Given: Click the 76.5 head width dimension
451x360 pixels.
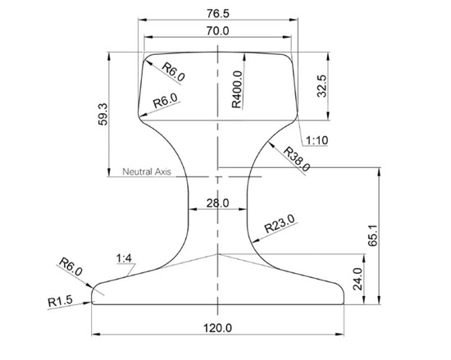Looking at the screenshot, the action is coord(218,13).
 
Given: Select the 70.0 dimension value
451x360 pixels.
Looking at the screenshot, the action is coord(218,31).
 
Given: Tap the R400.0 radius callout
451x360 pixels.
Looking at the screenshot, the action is coord(237,89).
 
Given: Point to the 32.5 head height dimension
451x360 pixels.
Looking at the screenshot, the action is coord(321,86).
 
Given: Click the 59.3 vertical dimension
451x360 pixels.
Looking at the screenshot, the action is coord(102,114).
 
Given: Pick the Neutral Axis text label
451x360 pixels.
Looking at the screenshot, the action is coord(147,171).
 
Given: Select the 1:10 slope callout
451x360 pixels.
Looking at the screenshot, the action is coord(317,140).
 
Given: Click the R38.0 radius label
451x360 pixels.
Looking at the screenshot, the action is coord(297,159).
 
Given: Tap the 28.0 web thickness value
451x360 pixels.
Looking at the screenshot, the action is coord(218,203).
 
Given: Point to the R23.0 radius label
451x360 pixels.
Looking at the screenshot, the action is coord(280,224).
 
